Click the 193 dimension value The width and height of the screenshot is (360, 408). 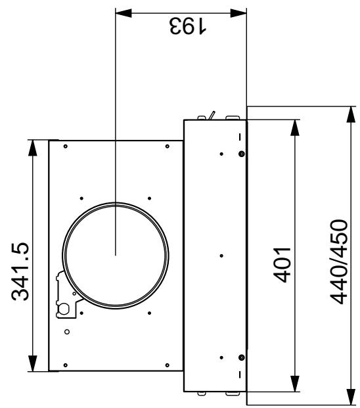coord(188,26)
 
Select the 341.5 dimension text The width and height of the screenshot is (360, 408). coord(20,271)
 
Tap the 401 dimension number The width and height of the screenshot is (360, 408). coord(282,265)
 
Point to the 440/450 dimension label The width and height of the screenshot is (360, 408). coord(339,261)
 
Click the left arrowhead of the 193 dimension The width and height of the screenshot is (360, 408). coord(124,13)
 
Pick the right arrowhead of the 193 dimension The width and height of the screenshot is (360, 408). coord(238,13)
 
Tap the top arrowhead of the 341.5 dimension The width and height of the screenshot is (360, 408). coord(32,148)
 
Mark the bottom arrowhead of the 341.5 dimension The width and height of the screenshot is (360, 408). coord(32,363)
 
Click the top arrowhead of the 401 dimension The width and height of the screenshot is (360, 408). coord(295,127)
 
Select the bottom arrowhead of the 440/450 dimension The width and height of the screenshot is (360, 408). coord(351,397)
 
